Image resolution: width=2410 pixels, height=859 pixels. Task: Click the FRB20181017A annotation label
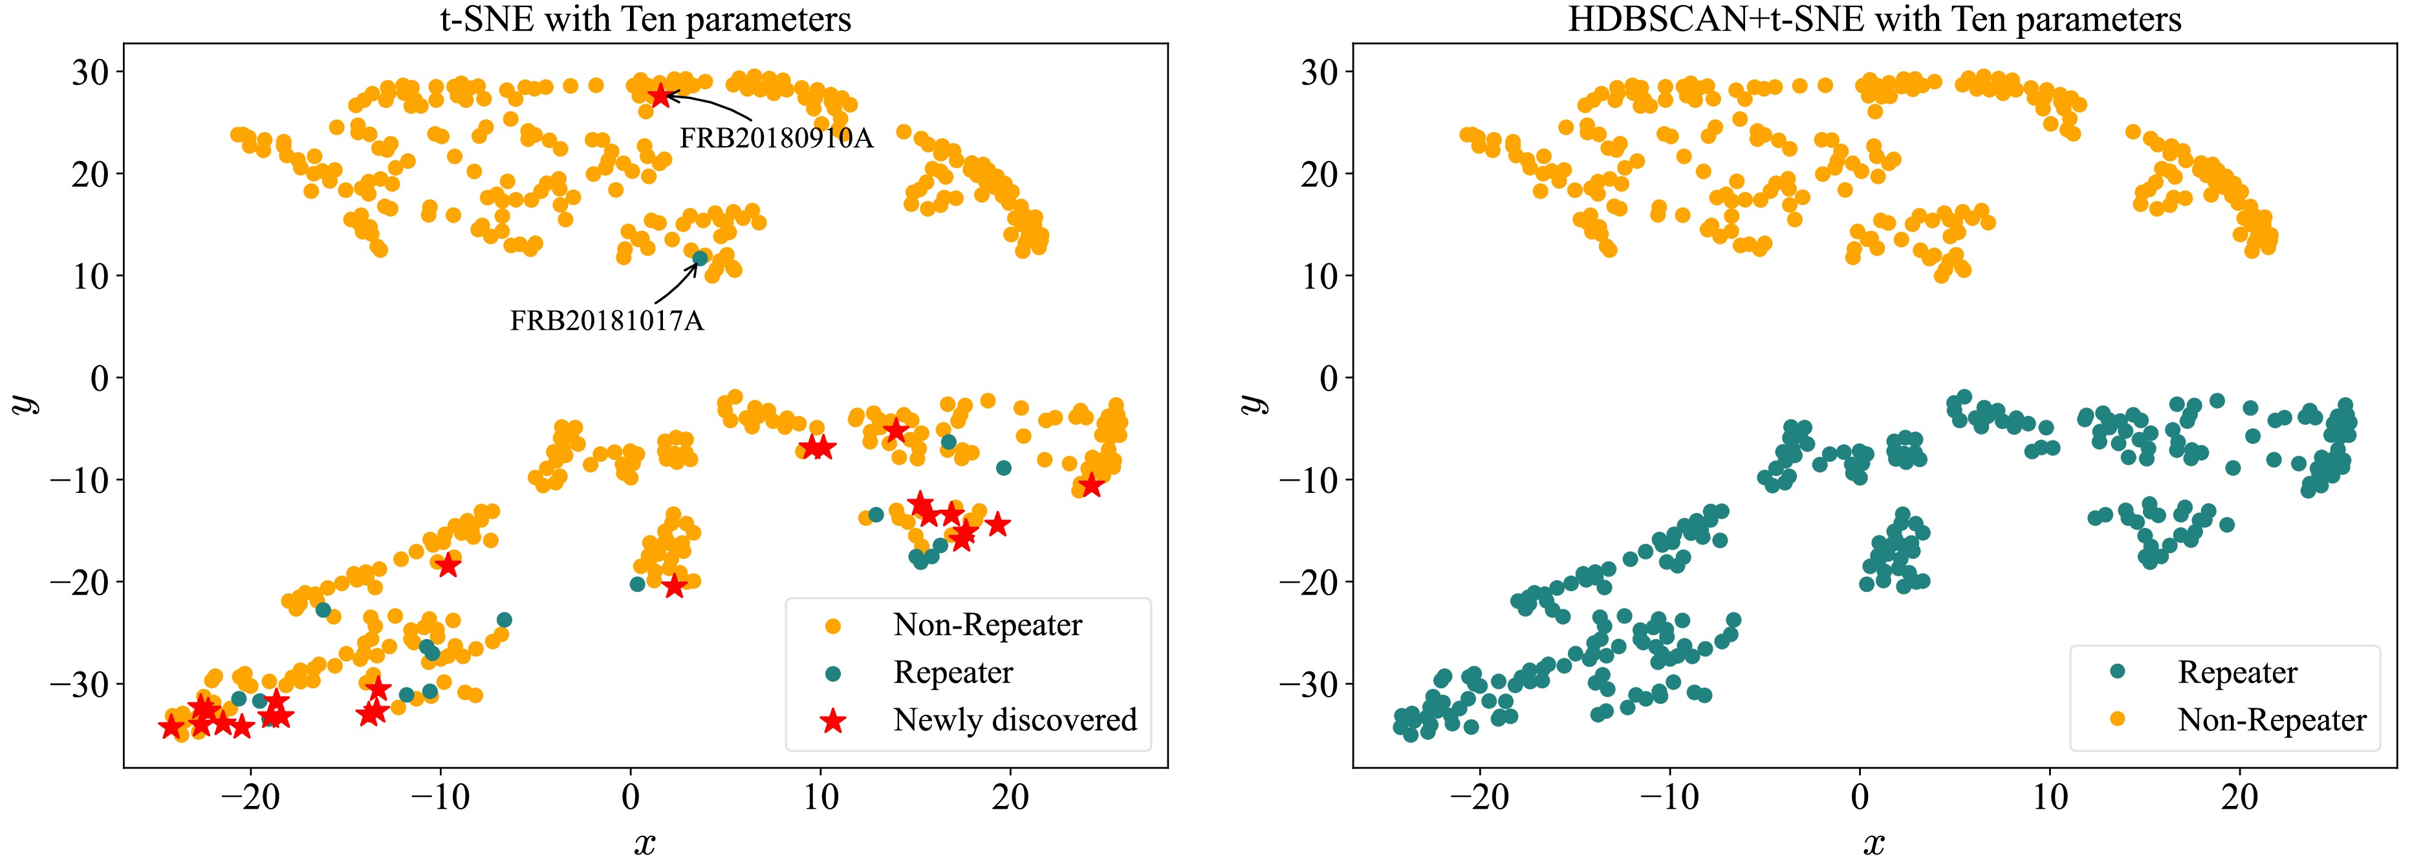coord(606,321)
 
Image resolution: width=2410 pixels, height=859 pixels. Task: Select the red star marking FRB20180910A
coord(660,96)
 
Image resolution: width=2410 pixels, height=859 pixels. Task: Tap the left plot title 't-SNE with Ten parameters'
coord(646,19)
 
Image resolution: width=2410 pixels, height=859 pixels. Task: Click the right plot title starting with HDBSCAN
coord(1874,19)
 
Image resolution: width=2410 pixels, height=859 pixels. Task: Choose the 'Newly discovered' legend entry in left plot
coord(1014,719)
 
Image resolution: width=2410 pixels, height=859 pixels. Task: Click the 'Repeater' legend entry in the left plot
coord(952,672)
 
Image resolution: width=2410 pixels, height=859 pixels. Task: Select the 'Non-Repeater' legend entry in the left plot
coord(987,624)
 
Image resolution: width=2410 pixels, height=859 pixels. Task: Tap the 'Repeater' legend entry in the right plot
coord(2237,672)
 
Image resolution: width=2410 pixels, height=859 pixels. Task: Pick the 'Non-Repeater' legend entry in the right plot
coord(2272,719)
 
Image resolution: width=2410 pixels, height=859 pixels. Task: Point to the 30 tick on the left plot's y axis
coord(90,72)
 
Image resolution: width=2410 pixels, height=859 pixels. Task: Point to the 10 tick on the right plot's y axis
coord(1319,276)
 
